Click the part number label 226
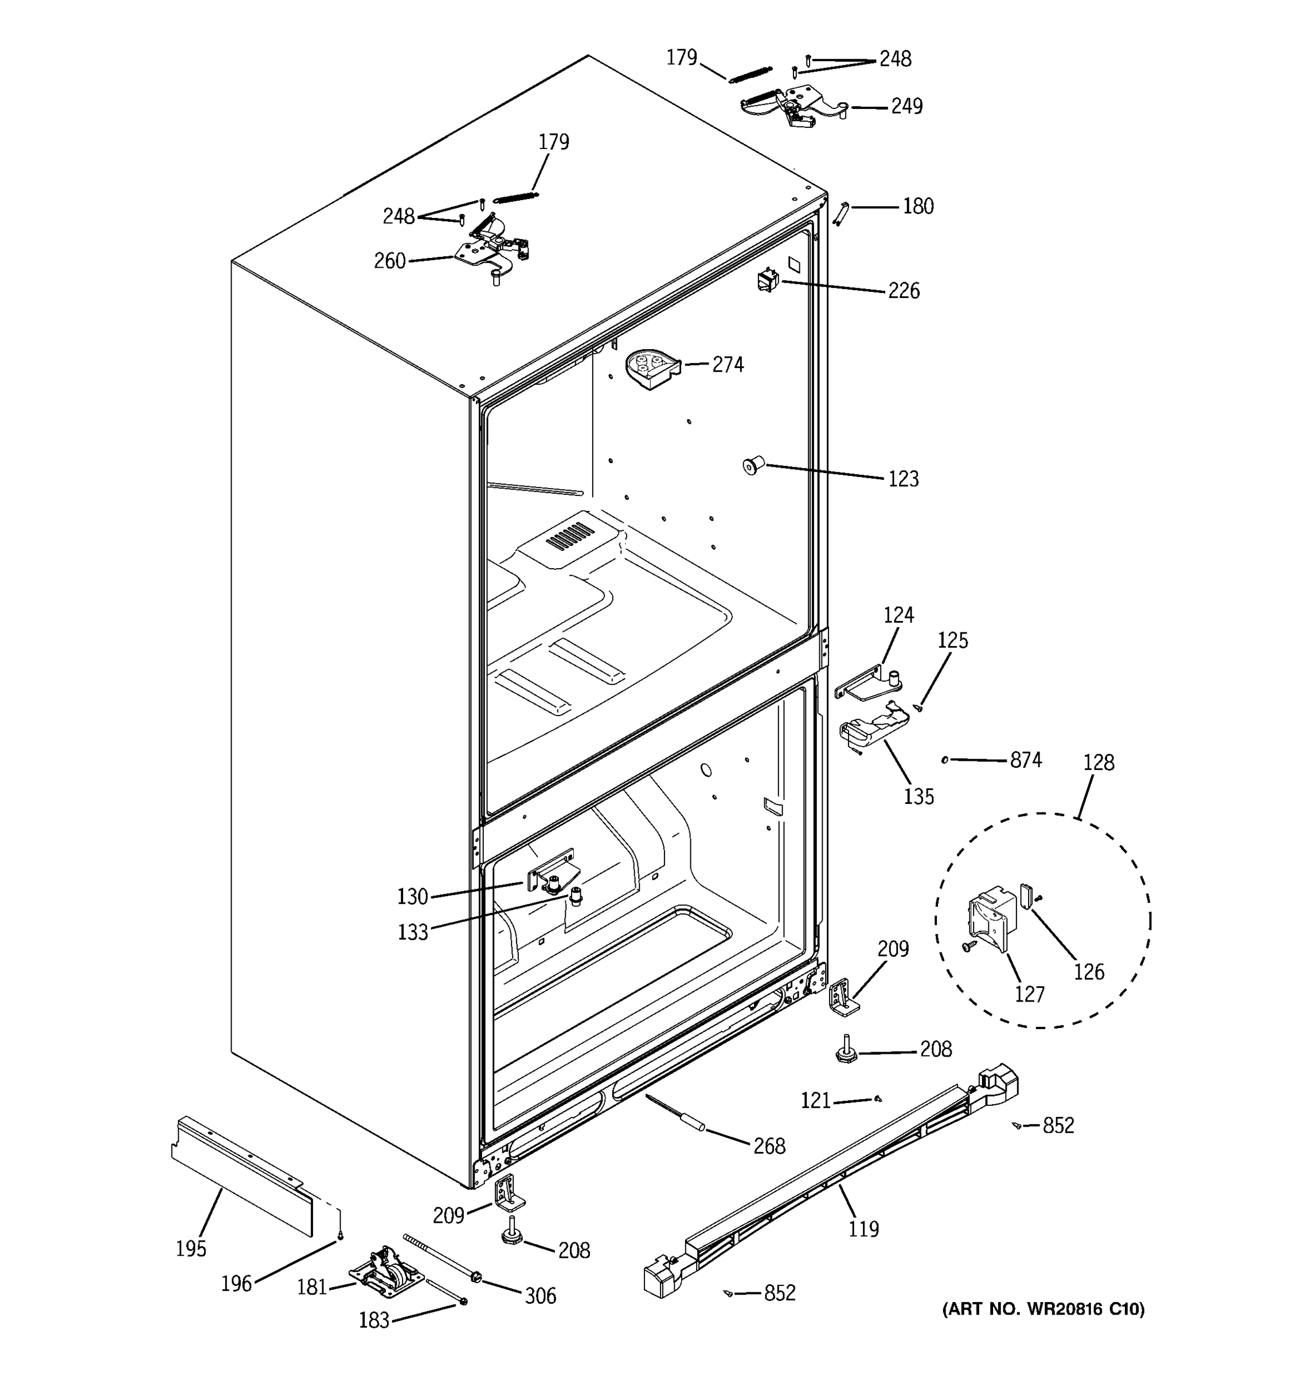[x=904, y=291]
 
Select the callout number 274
[x=728, y=365]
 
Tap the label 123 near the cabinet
[x=903, y=479]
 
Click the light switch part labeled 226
[x=768, y=280]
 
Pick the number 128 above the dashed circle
[x=1099, y=763]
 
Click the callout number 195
[x=191, y=1249]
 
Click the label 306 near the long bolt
[x=540, y=1296]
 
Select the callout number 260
[x=390, y=261]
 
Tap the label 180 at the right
[x=918, y=206]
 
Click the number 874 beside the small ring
[x=1026, y=760]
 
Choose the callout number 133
[x=412, y=932]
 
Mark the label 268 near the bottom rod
[x=769, y=1146]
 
